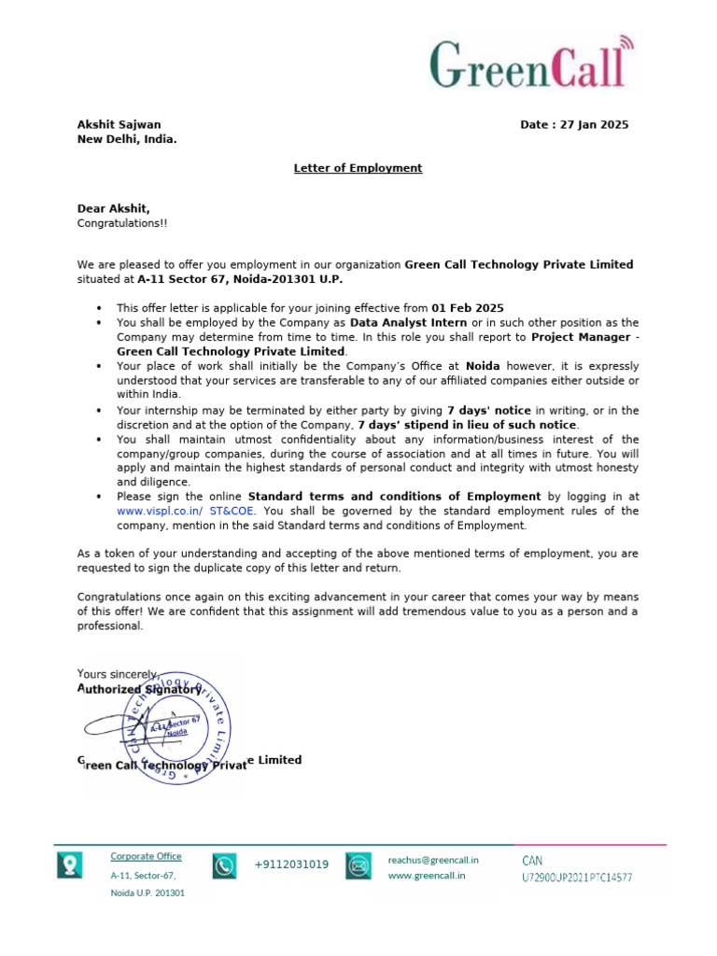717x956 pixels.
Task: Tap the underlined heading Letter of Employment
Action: [x=358, y=168]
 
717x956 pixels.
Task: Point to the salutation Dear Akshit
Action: [x=113, y=209]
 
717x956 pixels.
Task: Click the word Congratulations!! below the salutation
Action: [x=122, y=224]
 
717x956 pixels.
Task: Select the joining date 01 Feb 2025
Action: [x=467, y=308]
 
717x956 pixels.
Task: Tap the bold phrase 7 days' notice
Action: [x=488, y=411]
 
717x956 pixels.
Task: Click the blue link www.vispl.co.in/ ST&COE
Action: [x=186, y=512]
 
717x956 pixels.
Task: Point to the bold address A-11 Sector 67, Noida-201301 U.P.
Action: [x=246, y=279]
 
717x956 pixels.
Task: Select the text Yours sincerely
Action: [x=118, y=674]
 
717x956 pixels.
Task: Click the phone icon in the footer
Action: [x=224, y=866]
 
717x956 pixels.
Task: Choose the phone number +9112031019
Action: [x=291, y=865]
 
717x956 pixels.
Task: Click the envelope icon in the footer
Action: [x=358, y=866]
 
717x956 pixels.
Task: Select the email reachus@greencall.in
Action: [x=433, y=859]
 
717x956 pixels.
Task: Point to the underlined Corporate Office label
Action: [x=146, y=856]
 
